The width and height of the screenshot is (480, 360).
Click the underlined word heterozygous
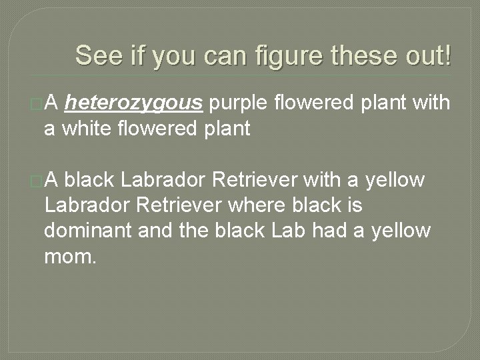point(135,103)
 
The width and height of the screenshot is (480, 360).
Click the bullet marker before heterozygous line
point(37,103)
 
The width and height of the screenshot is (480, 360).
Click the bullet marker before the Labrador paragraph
point(37,180)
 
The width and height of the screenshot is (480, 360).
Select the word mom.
point(70,257)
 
